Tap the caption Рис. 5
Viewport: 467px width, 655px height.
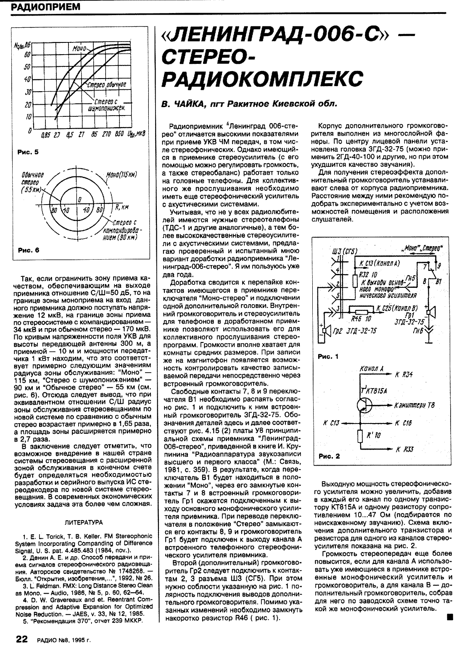point(28,153)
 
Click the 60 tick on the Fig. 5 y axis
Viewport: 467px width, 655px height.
point(28,54)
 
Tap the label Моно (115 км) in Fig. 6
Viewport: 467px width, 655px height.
point(122,174)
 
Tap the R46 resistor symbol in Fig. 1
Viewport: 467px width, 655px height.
point(362,311)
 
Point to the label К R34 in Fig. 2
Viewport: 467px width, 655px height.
point(404,374)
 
